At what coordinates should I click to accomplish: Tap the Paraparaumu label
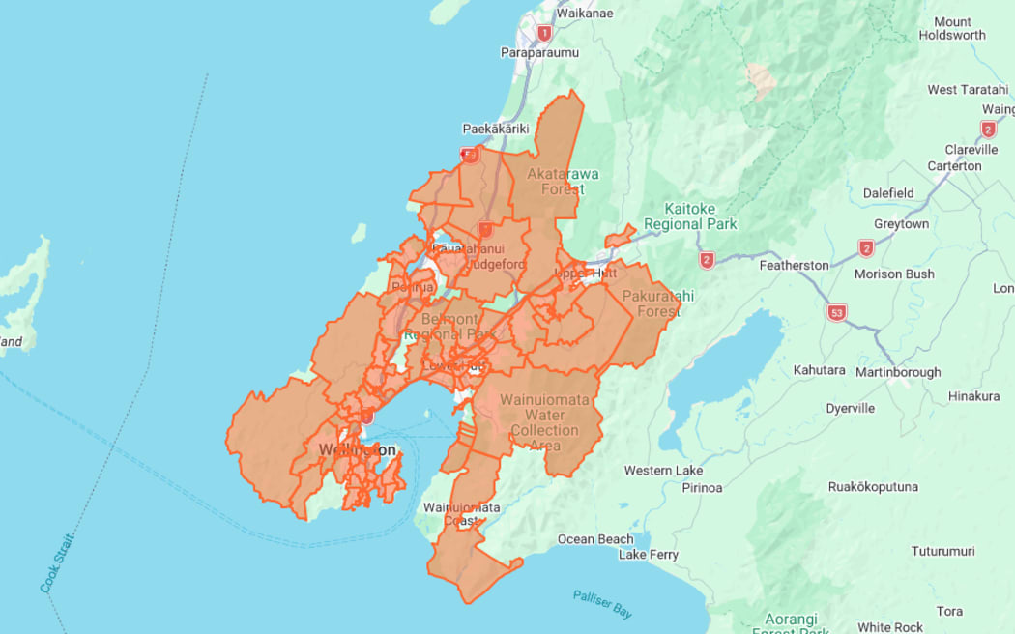[x=537, y=52]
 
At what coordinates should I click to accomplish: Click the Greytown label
[x=901, y=224]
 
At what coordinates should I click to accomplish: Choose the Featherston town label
[x=795, y=265]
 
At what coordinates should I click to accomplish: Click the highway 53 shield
[x=837, y=313]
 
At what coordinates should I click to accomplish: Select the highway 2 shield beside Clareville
[x=988, y=130]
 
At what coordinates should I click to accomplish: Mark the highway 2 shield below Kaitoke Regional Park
[x=708, y=260]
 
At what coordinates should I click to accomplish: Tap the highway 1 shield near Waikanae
[x=544, y=34]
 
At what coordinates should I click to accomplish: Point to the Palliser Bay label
[x=601, y=604]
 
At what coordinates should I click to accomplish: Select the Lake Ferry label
[x=648, y=555]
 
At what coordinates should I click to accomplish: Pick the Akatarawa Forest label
[x=563, y=182]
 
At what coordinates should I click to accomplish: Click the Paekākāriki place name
[x=499, y=129]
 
